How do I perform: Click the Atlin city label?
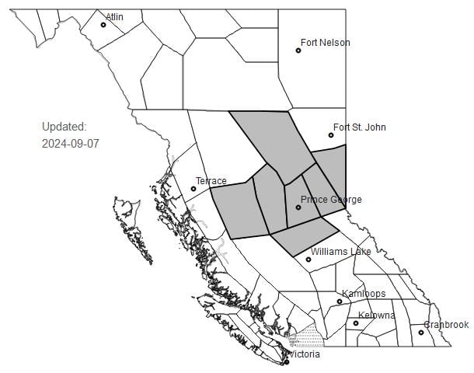[x=115, y=16]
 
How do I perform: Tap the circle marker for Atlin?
[x=103, y=25]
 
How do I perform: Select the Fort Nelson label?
[x=325, y=43]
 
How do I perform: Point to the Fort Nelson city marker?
[x=298, y=51]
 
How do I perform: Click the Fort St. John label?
[x=359, y=127]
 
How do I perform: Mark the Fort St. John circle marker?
[x=331, y=136]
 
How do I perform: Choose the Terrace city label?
[x=211, y=181]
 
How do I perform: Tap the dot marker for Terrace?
[x=193, y=189]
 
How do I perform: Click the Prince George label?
[x=331, y=200]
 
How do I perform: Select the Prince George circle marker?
[x=298, y=207]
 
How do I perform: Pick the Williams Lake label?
[x=340, y=252]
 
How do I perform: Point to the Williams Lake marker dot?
[x=308, y=260]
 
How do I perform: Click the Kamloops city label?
[x=364, y=294]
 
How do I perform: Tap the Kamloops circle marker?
[x=340, y=302]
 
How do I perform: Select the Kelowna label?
[x=376, y=315]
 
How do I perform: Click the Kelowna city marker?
[x=356, y=323]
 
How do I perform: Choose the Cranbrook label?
[x=446, y=325]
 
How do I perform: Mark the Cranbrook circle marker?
[x=422, y=333]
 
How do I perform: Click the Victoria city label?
[x=304, y=354]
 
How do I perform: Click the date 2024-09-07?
[x=71, y=144]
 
